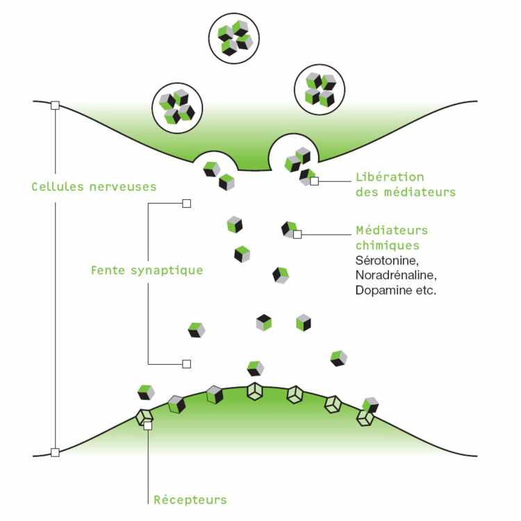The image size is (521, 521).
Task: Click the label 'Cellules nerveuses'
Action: click(x=94, y=187)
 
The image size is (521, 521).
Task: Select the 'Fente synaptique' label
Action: click(x=147, y=270)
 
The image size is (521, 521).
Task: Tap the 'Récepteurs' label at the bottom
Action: click(x=190, y=499)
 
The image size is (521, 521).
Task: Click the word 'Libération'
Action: click(x=389, y=177)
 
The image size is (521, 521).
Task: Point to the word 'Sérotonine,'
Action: click(x=386, y=260)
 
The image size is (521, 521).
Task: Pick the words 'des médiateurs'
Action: click(x=405, y=192)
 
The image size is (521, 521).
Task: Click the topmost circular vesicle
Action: click(x=233, y=38)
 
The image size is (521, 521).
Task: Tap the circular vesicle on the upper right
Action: click(x=320, y=89)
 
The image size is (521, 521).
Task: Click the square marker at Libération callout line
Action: click(x=315, y=181)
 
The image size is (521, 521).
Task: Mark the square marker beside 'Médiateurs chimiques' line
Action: click(x=297, y=235)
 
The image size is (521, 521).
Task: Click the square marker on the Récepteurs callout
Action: click(x=147, y=426)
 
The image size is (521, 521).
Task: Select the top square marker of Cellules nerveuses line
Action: click(x=55, y=105)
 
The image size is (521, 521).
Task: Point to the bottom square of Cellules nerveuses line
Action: click(x=55, y=452)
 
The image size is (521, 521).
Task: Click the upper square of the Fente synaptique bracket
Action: click(x=185, y=204)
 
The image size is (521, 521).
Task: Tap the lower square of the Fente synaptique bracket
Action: click(x=185, y=363)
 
